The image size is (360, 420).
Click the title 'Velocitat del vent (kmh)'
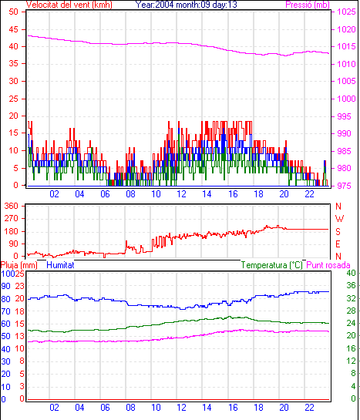pos(69,5)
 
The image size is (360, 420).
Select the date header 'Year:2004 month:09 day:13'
pos(187,5)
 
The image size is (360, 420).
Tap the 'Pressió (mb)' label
pos(308,5)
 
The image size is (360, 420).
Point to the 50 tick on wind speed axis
pos(13,12)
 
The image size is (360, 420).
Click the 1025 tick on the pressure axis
pos(346,12)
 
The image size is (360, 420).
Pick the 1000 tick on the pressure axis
pos(346,99)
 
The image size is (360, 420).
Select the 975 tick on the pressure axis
pos(344,186)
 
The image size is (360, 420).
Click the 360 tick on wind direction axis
pos(12,206)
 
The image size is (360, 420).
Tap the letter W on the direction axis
pos(339,219)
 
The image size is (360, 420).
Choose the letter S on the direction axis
pos(338,231)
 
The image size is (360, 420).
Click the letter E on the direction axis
pos(338,244)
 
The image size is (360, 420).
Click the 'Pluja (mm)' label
pos(19,265)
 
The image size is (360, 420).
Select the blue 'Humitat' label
pos(60,265)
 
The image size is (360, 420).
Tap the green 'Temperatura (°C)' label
pos(272,265)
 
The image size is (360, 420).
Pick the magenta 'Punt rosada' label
pos(328,265)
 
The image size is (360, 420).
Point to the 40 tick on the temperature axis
pos(351,273)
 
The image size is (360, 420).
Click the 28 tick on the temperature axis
pos(351,311)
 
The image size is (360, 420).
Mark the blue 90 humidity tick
pos(5,286)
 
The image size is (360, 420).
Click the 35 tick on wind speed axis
pos(13,64)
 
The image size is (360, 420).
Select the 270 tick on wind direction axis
pos(12,219)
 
